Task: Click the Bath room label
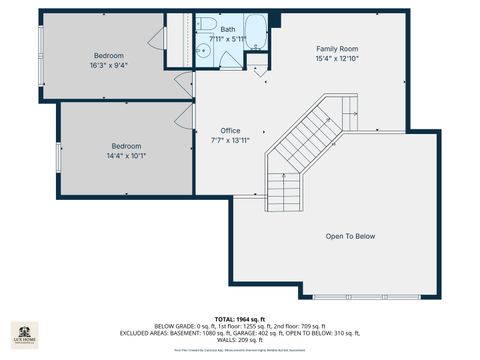[x=228, y=30]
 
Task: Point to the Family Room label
[x=337, y=49]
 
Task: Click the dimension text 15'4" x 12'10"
[x=337, y=59]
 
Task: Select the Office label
[x=230, y=131]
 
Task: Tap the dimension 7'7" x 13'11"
[x=230, y=141]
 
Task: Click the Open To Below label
[x=350, y=236]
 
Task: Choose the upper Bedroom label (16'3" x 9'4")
[x=109, y=56]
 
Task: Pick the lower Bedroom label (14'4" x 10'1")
[x=126, y=145]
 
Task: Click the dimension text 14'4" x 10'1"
[x=126, y=155]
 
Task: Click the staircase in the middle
[x=305, y=145]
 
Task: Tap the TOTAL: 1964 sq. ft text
[x=239, y=318]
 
